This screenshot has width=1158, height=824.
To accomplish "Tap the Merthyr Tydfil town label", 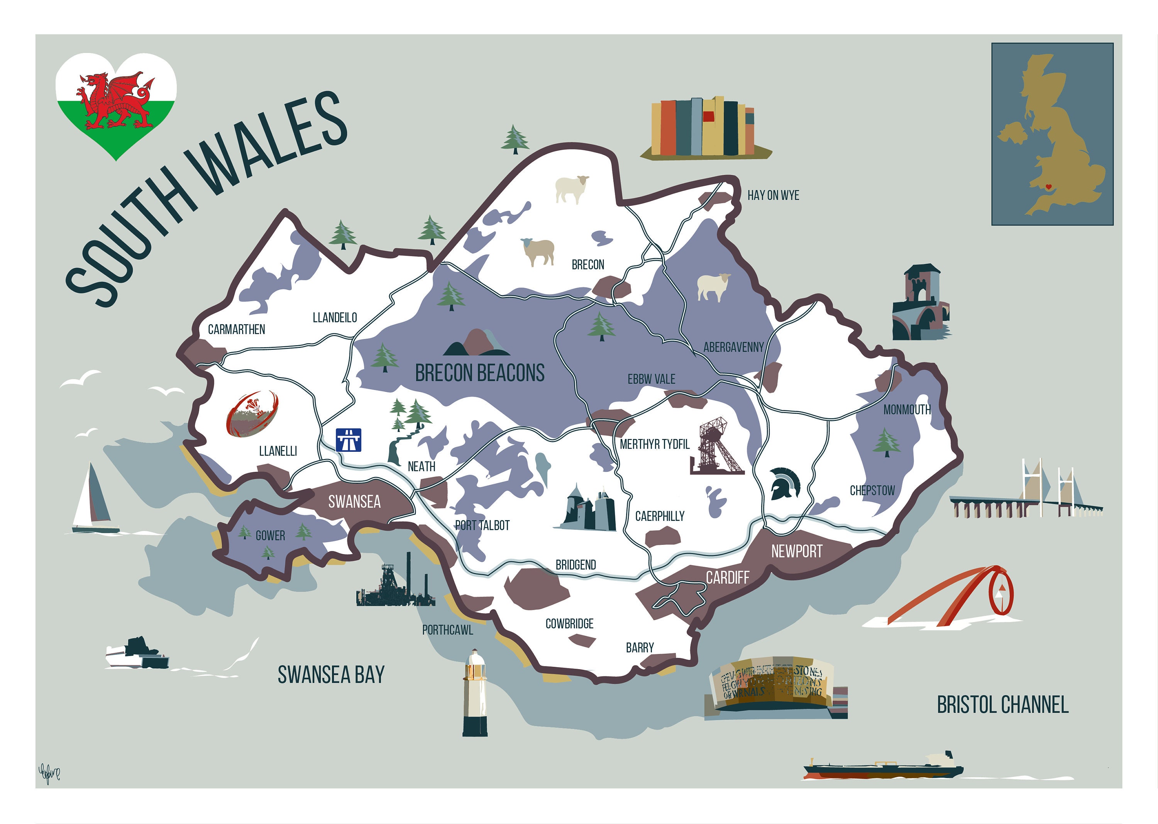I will click(x=654, y=444).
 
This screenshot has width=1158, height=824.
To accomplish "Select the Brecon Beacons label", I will click(x=479, y=373).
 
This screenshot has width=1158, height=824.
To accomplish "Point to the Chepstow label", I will click(x=872, y=491).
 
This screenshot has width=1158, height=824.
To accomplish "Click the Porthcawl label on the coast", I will click(x=447, y=630).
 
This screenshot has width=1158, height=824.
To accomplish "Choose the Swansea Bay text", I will click(x=331, y=675).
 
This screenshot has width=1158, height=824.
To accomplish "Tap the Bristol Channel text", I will click(x=1002, y=705).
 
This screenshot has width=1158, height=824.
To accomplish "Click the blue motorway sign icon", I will click(x=349, y=440).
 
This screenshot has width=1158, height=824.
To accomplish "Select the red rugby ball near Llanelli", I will click(x=252, y=414).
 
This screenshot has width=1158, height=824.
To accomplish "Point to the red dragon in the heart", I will click(x=116, y=100).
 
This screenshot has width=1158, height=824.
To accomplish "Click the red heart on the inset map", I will click(x=1048, y=187).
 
